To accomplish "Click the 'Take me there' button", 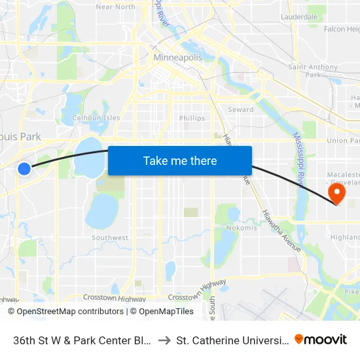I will click(x=179, y=160).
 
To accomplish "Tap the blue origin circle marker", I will click(x=24, y=169).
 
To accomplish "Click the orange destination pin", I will click(x=336, y=193).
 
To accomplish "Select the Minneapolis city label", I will click(x=177, y=58).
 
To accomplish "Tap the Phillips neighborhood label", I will click(x=192, y=118).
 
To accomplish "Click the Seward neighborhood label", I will click(x=240, y=109).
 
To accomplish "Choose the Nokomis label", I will click(x=242, y=228).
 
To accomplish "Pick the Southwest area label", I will click(x=110, y=238).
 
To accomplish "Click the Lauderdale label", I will click(x=298, y=16).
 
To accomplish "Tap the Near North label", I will click(x=116, y=7).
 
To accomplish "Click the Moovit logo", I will click(x=321, y=339).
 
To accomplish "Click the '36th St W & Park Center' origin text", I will click(x=82, y=340).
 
